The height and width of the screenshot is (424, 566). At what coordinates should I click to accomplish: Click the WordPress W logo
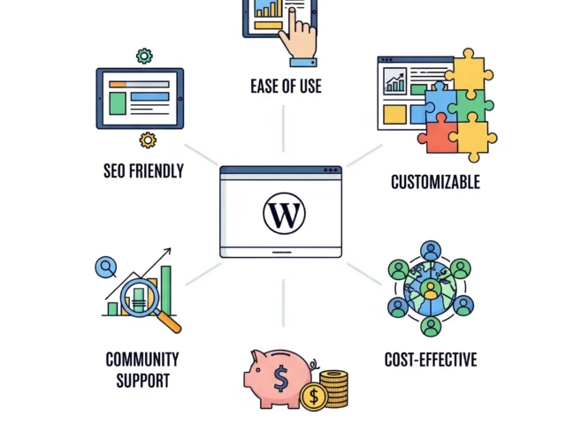point(283,214)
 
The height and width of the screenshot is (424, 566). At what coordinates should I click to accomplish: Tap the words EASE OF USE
point(285,87)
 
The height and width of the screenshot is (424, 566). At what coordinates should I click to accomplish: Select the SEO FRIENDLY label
point(143,170)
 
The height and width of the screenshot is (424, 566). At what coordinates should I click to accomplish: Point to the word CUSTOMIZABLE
point(435,182)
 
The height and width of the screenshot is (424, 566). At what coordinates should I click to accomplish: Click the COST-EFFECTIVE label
point(431,360)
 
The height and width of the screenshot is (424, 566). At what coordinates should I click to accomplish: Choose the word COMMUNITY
point(142,360)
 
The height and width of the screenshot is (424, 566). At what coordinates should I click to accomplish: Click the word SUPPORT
point(142,381)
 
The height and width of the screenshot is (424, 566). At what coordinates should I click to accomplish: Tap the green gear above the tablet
point(144,57)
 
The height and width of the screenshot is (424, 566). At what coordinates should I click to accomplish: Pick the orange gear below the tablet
point(148,140)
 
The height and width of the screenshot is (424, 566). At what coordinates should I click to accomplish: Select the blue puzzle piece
point(439,99)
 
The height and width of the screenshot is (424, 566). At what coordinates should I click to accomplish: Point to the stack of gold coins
point(334,389)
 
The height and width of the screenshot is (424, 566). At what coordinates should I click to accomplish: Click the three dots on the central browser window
point(331,170)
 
